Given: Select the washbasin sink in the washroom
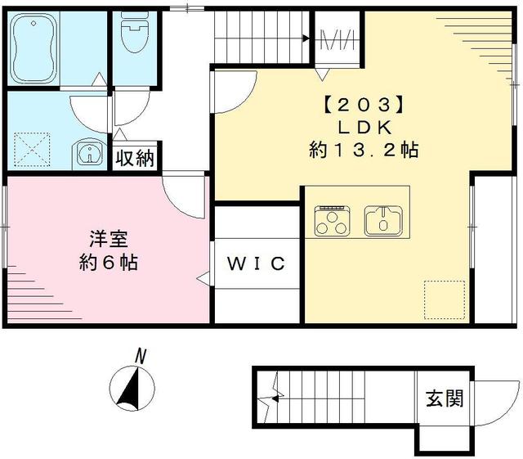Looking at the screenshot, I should pyautogui.click(x=88, y=153).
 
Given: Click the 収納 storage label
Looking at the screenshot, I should pyautogui.click(x=134, y=158).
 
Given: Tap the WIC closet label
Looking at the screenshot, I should pyautogui.click(x=255, y=263).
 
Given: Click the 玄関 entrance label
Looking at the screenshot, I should pyautogui.click(x=444, y=398).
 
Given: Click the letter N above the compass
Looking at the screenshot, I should pyautogui.click(x=141, y=356).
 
